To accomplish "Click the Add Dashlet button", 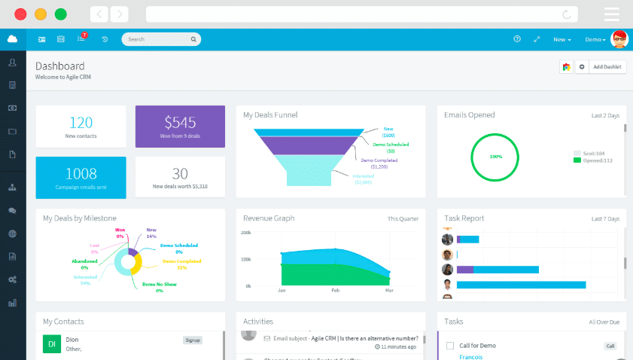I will (607, 67).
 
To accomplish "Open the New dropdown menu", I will (561, 39).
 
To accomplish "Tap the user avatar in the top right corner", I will (619, 39).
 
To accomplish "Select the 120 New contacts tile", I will (81, 127).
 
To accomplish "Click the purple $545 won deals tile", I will (180, 127).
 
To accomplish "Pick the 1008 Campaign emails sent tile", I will (81, 178).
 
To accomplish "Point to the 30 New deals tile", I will (180, 178).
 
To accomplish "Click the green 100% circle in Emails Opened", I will (495, 157).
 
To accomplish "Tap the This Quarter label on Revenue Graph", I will (403, 218).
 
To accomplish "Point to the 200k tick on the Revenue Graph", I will (246, 233).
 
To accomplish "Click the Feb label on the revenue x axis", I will (336, 290).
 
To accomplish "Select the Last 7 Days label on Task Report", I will (605, 218).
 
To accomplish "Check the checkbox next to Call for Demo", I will (450, 346).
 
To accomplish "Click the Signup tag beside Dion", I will (193, 340).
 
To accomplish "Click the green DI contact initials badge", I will (51, 344).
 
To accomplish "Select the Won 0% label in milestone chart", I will (120, 233).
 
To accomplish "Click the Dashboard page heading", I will (60, 66).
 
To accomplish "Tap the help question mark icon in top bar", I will (517, 39).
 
